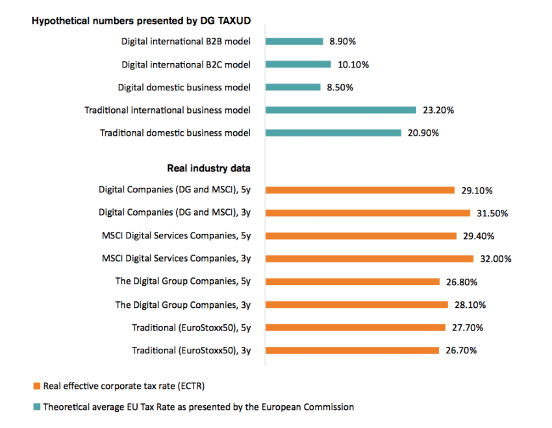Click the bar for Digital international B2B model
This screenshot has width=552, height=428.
(294, 42)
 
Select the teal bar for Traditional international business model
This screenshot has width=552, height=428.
(340, 110)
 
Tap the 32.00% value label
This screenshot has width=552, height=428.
(496, 259)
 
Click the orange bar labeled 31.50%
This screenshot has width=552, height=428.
(368, 213)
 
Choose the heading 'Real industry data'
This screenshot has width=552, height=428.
(209, 168)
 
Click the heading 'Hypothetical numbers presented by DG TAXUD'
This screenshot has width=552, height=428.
(142, 21)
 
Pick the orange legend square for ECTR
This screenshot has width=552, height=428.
(36, 386)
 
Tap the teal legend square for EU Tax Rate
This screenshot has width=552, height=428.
(36, 408)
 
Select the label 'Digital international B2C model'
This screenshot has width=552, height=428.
(186, 64)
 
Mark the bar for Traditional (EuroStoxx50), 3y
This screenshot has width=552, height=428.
(352, 351)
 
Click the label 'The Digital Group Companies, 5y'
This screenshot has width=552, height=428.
(183, 282)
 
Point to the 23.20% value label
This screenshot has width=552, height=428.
(438, 110)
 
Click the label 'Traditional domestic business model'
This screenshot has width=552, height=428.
(175, 133)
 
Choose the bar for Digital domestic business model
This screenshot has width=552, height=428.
(293, 87)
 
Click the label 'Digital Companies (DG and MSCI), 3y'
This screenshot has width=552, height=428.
(175, 213)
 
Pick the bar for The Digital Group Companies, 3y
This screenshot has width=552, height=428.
(357, 305)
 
